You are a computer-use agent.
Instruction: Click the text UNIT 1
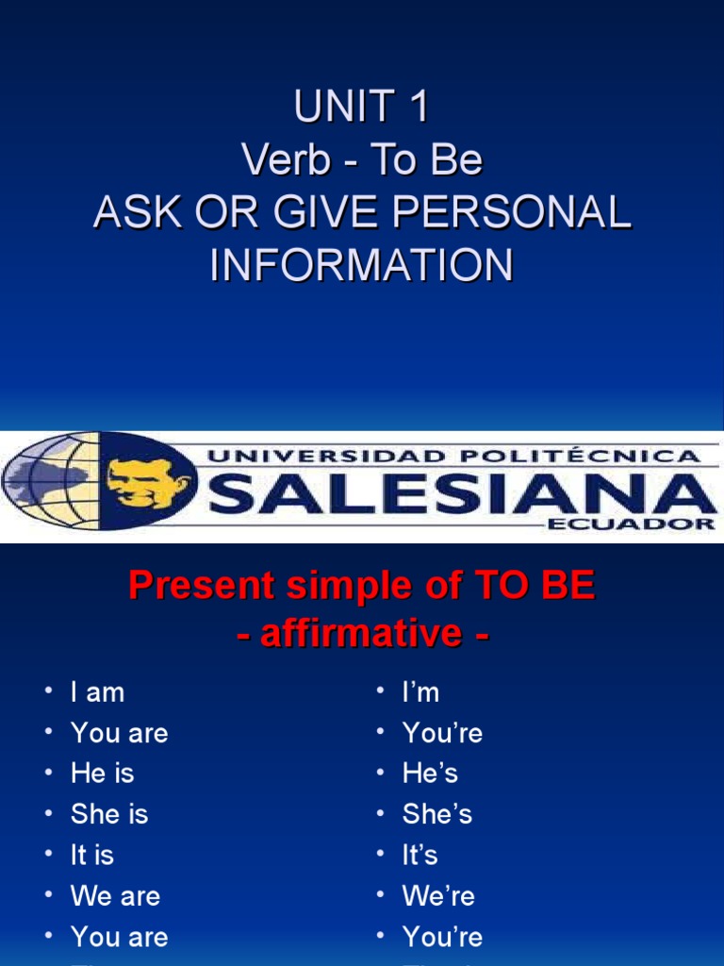361,108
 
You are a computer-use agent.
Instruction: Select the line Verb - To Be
361,160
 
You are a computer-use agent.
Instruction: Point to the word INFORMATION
361,265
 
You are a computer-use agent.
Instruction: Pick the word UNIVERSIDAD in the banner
311,456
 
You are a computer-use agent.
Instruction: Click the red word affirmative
363,633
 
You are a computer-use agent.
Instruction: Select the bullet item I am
97,692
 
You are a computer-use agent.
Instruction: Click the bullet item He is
102,774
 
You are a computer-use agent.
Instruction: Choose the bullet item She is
108,814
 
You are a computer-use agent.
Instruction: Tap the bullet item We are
115,895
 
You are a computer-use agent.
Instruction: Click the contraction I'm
420,692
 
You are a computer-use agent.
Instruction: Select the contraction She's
436,814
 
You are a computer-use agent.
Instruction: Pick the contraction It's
420,855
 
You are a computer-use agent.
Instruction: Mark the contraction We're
438,895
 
